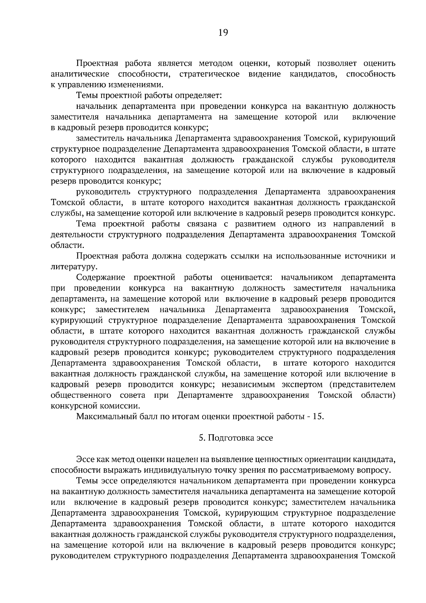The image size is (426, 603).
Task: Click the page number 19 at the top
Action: pyautogui.click(x=223, y=33)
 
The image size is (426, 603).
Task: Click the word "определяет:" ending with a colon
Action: pyautogui.click(x=200, y=96)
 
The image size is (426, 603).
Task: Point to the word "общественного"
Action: pyautogui.click(x=81, y=395)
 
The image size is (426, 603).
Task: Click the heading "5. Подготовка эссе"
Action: pyautogui.click(x=236, y=438)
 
